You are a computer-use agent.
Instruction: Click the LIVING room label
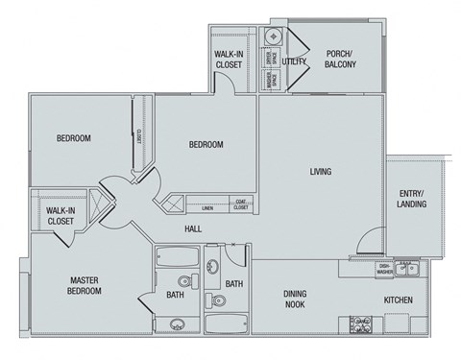[x=320, y=173]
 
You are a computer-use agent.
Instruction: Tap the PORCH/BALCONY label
[x=340, y=59]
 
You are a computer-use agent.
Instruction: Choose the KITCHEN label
[x=399, y=300]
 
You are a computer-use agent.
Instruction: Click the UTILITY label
[x=294, y=61]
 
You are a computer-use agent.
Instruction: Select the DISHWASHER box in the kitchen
[x=384, y=270]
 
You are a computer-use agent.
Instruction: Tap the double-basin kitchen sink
[x=410, y=266]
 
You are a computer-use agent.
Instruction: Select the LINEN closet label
[x=206, y=207]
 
